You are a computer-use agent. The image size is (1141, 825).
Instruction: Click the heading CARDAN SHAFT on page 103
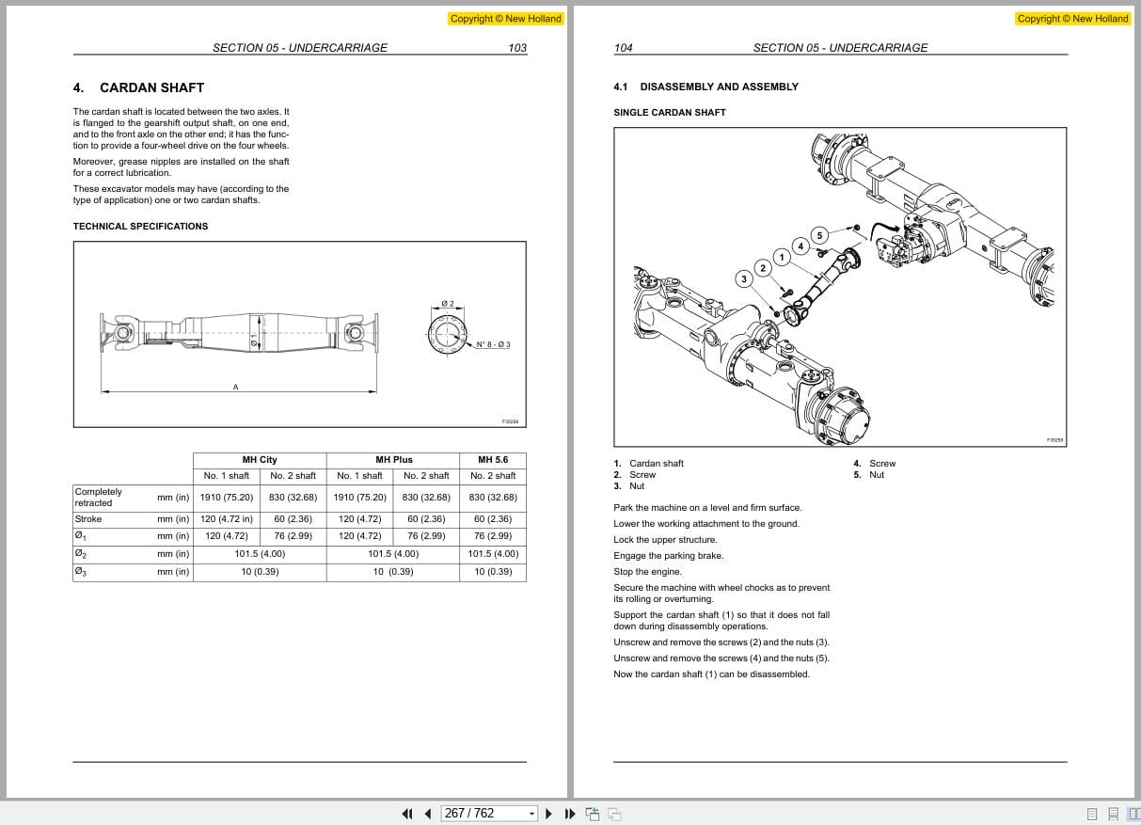coord(151,87)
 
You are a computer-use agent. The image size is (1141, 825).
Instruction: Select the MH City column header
coord(260,459)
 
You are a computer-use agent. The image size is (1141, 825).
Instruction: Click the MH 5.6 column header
coord(492,459)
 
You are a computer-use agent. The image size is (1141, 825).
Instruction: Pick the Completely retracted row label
coord(99,497)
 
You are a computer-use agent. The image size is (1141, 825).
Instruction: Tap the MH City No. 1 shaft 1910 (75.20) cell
coord(227,497)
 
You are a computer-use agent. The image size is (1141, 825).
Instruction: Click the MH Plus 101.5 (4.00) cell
coord(393,554)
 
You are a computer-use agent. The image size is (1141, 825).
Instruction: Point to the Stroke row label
coord(87,519)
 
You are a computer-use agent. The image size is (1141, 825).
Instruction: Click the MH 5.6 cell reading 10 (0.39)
coord(492,571)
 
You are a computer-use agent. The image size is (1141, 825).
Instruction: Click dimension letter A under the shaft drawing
coord(235,387)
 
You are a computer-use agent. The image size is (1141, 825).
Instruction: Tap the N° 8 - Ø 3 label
coord(493,344)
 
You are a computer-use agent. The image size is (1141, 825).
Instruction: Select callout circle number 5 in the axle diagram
coord(819,235)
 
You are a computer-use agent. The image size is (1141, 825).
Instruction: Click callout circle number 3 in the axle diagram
coord(744,278)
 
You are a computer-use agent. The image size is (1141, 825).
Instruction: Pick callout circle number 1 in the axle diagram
coord(781,257)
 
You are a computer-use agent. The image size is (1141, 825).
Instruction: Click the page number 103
coord(516,48)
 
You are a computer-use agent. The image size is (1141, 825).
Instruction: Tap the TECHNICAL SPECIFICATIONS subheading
coord(140,226)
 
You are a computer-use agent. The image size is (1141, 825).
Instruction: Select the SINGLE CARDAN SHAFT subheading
coord(669,112)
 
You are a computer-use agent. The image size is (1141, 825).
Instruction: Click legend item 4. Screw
coord(876,463)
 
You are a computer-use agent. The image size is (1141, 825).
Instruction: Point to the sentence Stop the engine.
coord(647,571)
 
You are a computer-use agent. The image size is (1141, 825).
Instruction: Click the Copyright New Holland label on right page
coord(1072,19)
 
